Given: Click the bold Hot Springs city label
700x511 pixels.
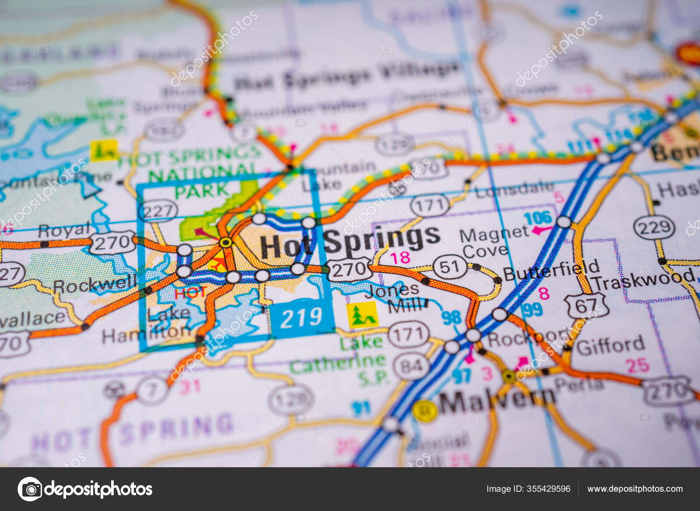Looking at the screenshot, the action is click(350, 242).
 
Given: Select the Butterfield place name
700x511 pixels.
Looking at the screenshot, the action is click(551, 270).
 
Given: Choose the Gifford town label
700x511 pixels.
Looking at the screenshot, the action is click(610, 346).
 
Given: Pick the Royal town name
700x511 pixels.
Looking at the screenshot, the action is click(64, 230).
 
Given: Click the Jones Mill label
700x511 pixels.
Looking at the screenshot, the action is click(396, 297).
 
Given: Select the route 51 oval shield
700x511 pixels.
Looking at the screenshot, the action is click(449, 267).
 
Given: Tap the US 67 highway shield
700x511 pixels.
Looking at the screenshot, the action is click(585, 306).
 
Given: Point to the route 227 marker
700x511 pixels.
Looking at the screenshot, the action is click(158, 211).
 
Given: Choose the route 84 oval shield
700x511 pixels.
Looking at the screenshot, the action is click(411, 366).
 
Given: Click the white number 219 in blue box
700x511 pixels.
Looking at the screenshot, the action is click(301, 318).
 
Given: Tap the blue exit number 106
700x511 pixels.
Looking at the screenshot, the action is click(538, 218).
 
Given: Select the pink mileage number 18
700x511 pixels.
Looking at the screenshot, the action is click(400, 257).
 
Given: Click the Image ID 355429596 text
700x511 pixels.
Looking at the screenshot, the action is click(528, 489).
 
